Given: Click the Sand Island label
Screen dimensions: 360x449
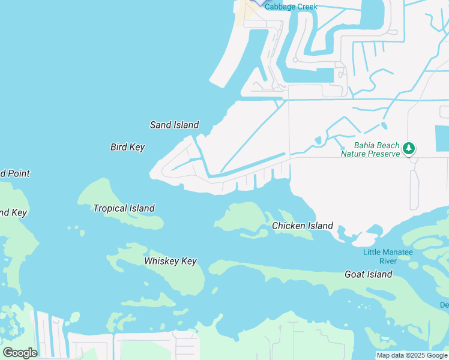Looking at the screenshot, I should click(174, 125).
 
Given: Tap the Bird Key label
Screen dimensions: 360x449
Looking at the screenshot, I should click(127, 147).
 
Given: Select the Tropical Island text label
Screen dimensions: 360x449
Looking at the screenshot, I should click(124, 208).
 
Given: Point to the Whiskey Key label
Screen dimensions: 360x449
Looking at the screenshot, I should click(170, 261).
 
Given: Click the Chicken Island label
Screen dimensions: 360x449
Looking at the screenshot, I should click(302, 226).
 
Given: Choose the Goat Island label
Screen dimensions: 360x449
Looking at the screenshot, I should click(368, 274).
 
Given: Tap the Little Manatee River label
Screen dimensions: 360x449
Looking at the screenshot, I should click(388, 256).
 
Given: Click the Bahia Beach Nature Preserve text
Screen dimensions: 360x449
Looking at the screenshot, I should click(370, 149).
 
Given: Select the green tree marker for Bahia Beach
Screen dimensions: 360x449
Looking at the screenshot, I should click(409, 148).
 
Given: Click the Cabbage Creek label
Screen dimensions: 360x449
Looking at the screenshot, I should click(291, 7).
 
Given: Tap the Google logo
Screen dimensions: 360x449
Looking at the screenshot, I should click(20, 353).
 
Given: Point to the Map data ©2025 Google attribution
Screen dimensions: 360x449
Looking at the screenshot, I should click(412, 355).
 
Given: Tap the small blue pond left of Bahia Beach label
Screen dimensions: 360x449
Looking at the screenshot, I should click(318, 140).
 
